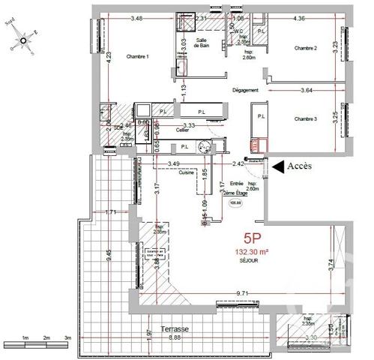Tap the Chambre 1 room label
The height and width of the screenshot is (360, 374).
pos(138,57)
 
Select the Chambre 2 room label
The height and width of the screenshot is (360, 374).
pos(306,49)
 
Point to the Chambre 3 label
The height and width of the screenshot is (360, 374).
pos(306,118)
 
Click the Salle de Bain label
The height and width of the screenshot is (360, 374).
pos(202,43)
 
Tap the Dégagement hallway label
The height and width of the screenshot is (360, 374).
pos(246,90)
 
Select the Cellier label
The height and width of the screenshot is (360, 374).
pos(182,130)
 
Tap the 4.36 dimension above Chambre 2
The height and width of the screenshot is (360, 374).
pos(299,18)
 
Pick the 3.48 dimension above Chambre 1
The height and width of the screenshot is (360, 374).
pos(136,18)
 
